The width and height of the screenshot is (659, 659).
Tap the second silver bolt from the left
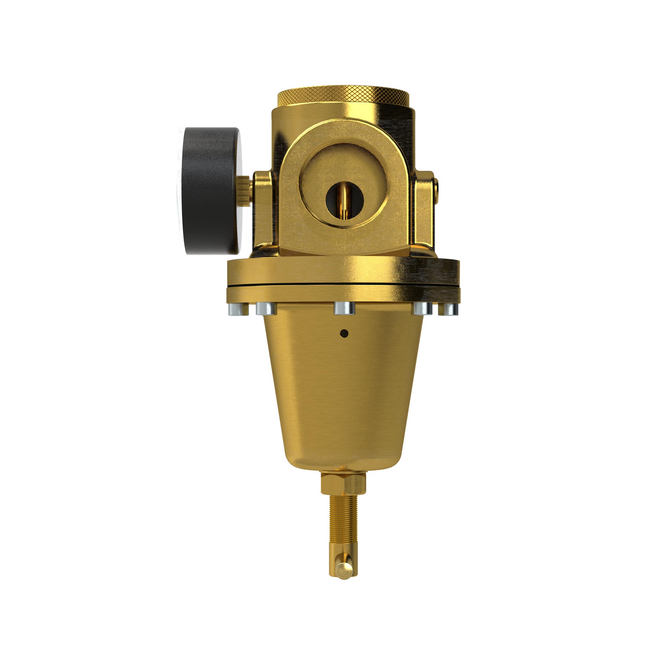[266, 308]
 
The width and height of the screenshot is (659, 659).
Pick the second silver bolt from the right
[423, 308]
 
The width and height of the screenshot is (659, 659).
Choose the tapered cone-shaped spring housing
[344, 392]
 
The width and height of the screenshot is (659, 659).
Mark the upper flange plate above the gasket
[343, 271]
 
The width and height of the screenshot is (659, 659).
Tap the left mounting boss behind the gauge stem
[262, 212]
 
